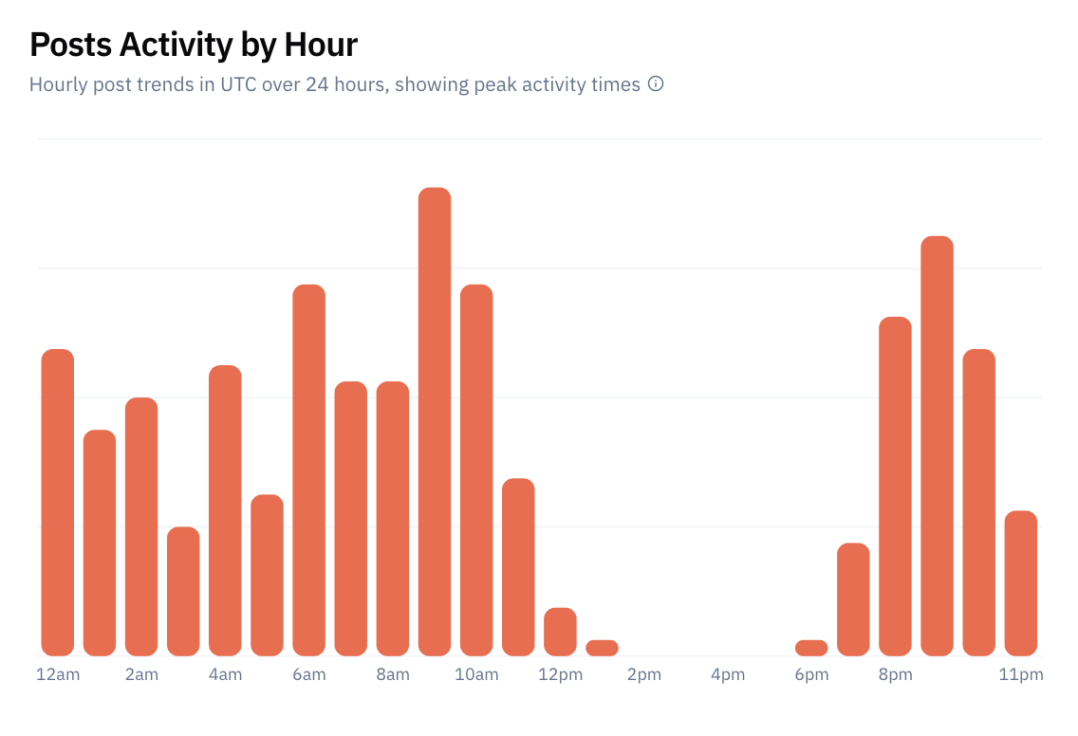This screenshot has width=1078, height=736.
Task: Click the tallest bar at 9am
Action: pos(435,421)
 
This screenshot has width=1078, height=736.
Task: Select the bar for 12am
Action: pos(58,503)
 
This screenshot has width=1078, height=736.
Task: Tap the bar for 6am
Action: pos(308,470)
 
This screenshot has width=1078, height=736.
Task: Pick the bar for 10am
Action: pos(476,470)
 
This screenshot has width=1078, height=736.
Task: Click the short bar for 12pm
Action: pos(560,632)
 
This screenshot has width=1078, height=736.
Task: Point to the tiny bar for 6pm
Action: pos(811,648)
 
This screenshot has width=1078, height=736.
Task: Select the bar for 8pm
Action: pos(895,487)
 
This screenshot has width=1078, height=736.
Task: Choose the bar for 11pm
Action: pos(1021,583)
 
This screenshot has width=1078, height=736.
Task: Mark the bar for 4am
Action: pos(225,510)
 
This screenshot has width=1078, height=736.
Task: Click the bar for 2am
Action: pos(141,526)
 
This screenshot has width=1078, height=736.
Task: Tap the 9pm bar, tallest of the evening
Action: pos(937,446)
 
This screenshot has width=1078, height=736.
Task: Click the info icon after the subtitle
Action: pos(656,83)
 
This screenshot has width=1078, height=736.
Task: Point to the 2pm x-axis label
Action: pos(644,675)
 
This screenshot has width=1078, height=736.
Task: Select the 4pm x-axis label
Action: pos(728,675)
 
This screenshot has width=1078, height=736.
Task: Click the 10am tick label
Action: pos(476,675)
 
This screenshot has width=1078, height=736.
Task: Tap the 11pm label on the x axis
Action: pos(1021,675)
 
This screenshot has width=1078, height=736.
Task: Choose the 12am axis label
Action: pos(58,675)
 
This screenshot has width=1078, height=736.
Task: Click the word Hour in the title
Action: pos(321,46)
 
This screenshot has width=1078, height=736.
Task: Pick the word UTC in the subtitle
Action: pos(238,84)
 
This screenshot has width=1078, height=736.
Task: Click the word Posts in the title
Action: pos(71,46)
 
